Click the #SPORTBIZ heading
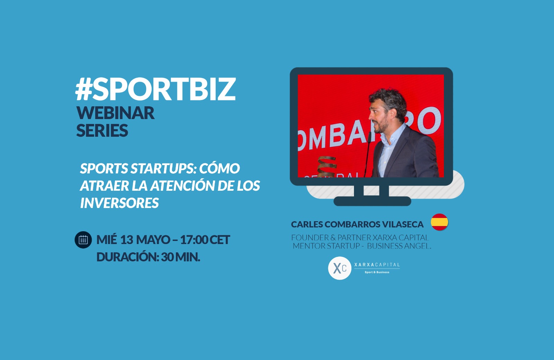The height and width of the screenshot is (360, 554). pyautogui.click(x=155, y=89)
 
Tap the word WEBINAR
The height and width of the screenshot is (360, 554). pyautogui.click(x=116, y=113)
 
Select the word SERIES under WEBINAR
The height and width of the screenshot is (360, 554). pyautogui.click(x=102, y=130)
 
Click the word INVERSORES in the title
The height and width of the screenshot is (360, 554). pyautogui.click(x=119, y=203)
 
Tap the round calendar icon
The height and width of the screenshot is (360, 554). pyautogui.click(x=83, y=240)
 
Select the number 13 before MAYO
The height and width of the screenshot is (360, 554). pyautogui.click(x=127, y=240)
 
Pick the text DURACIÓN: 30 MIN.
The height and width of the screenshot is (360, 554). pyautogui.click(x=148, y=257)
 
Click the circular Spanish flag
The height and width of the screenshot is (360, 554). pyautogui.click(x=439, y=222)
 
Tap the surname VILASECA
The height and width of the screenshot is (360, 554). pyautogui.click(x=403, y=224)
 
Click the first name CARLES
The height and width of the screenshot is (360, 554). pyautogui.click(x=307, y=224)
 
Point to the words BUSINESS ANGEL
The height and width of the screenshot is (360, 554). pyautogui.click(x=399, y=246)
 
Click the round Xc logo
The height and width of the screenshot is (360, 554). pyautogui.click(x=340, y=268)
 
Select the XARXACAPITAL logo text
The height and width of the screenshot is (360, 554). pyautogui.click(x=377, y=264)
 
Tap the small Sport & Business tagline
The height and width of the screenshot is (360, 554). pyautogui.click(x=377, y=272)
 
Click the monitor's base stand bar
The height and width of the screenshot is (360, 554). pyautogui.click(x=372, y=201)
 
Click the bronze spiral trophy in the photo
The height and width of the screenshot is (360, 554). pyautogui.click(x=327, y=166)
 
